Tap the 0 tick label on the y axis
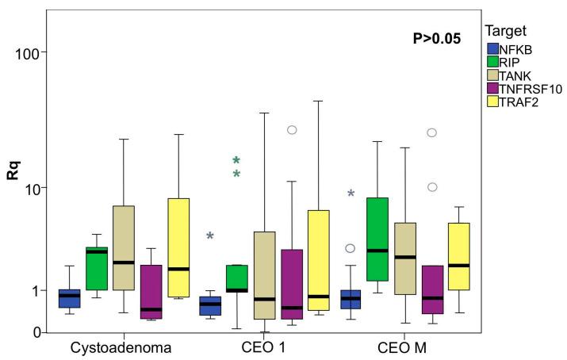click(36, 332)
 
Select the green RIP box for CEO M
click(377, 239)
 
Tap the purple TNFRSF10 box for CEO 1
click(292, 284)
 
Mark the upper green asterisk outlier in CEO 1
click(236, 161)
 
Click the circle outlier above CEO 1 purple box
click(292, 129)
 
